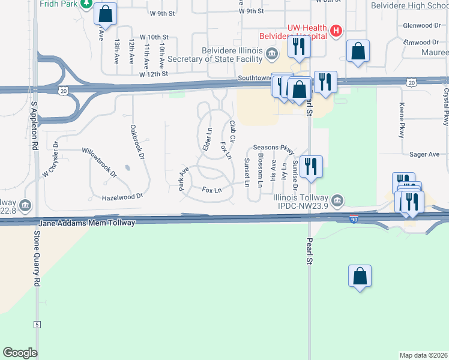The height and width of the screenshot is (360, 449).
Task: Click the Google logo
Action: pos(20,353)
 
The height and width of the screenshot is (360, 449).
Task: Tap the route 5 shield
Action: pos(37,325)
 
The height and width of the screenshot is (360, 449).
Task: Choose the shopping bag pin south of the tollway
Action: pos(360,277)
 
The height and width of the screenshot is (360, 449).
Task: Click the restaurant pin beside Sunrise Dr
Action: pos(310,166)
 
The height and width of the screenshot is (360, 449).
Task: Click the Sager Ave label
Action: pos(424,154)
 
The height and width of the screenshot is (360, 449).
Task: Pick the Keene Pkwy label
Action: pos(402,120)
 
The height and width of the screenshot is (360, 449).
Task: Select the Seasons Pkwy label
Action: pos(274,148)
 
